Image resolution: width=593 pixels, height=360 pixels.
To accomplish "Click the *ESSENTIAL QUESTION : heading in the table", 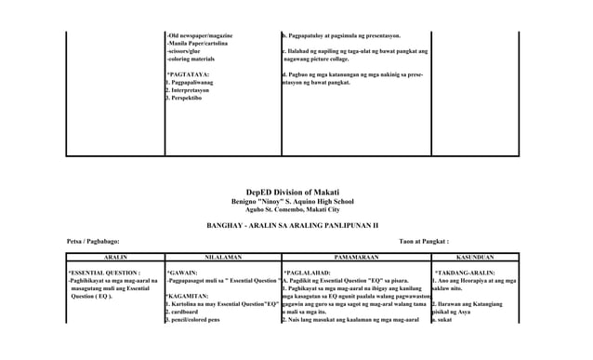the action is [103, 272].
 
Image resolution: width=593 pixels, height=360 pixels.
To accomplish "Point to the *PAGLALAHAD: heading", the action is [306, 272].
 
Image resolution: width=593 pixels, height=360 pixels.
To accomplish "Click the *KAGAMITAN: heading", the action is [186, 296].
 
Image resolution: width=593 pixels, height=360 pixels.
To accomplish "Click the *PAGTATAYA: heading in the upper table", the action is [187, 73].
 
